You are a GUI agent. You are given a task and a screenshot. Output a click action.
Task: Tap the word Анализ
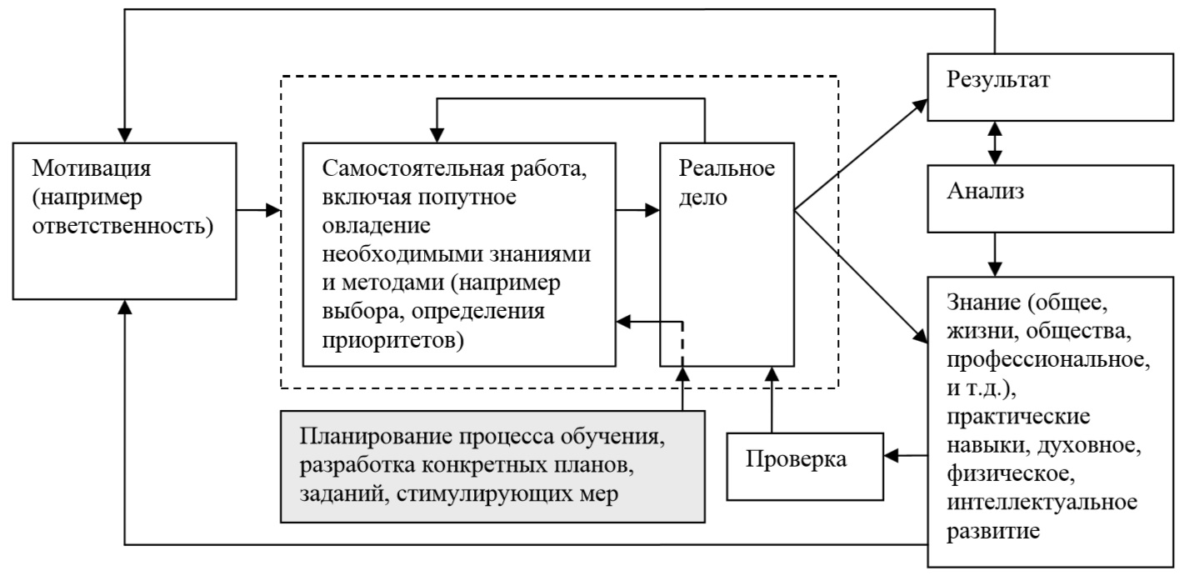pos(986,191)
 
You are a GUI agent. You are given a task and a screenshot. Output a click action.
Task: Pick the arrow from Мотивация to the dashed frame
pos(257,212)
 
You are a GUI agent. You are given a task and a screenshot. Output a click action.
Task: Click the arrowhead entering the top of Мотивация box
pos(125,133)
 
